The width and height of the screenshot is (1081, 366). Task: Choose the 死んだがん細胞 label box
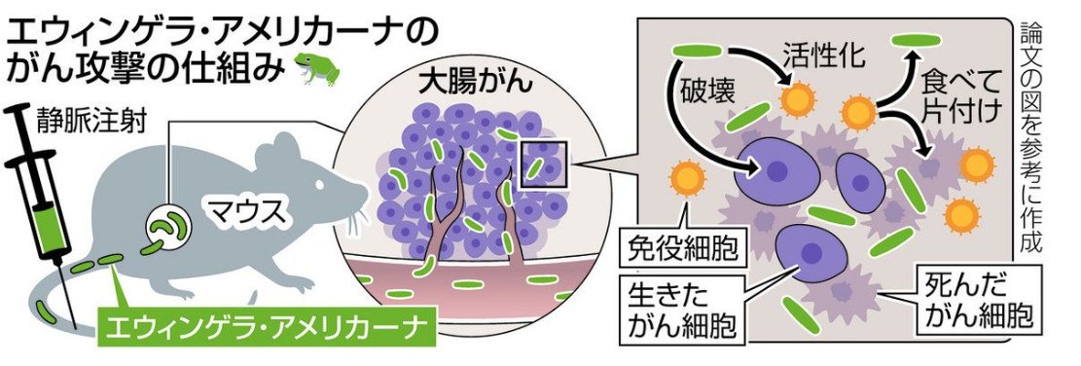click(974, 301)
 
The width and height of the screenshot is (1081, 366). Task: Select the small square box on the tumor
click(542, 163)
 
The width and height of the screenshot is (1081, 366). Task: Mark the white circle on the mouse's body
click(165, 228)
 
